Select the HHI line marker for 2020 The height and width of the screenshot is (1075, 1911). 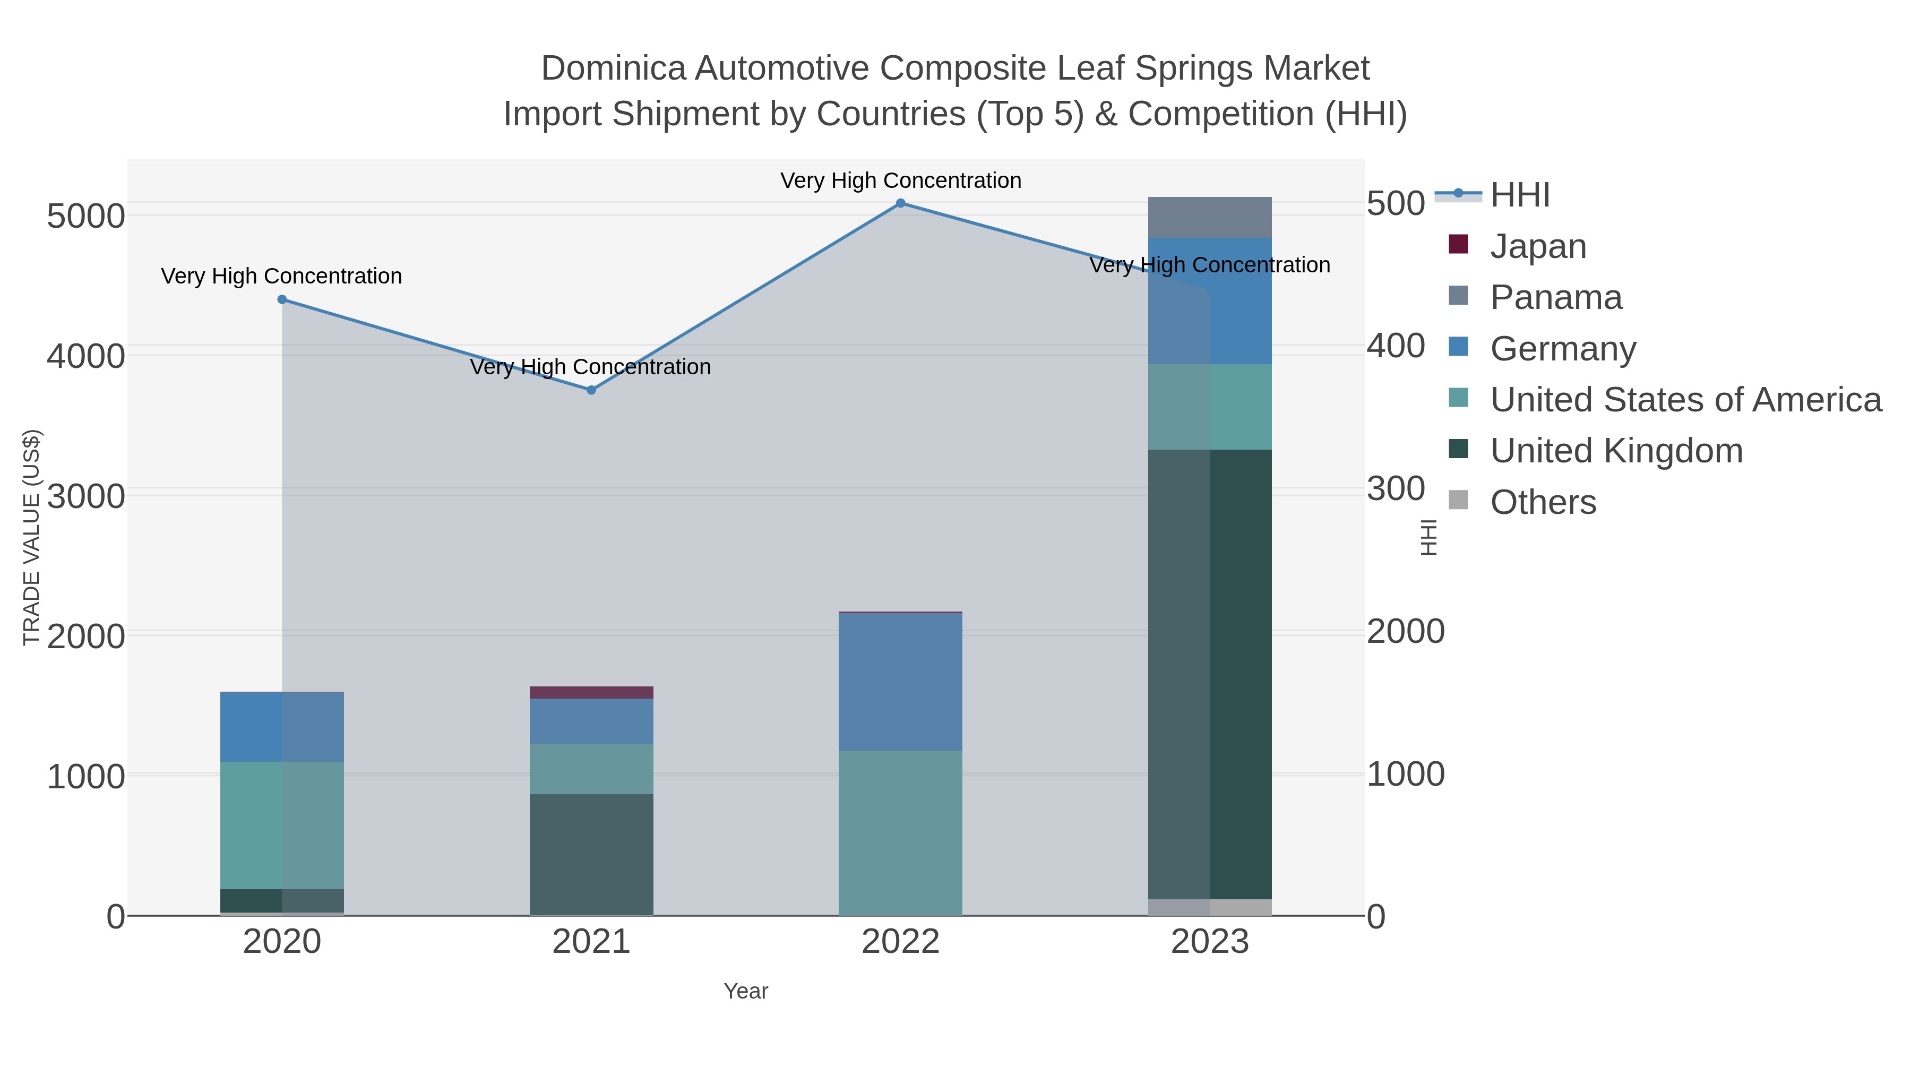pos(282,300)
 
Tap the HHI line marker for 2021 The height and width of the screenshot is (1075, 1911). pos(591,390)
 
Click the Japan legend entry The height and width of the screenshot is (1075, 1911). pos(1537,246)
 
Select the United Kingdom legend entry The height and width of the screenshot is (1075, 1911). pos(1616,451)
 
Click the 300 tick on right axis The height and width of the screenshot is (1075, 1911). pos(1396,489)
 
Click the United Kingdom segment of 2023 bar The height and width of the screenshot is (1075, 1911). pos(1209,674)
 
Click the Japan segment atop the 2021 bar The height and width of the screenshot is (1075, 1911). pos(591,692)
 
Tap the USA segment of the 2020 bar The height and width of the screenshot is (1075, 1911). pos(282,825)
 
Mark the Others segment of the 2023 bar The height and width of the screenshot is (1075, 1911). pos(1209,907)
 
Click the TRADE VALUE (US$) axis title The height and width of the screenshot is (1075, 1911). pos(32,537)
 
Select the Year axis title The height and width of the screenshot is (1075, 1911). pos(746,991)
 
